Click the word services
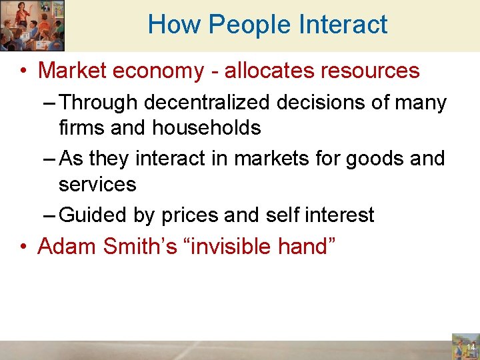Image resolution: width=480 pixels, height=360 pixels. [97, 183]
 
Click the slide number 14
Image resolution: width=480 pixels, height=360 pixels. [469, 347]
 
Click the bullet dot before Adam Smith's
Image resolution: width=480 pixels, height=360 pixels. [23, 247]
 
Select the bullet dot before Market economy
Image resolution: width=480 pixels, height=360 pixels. [23, 71]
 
